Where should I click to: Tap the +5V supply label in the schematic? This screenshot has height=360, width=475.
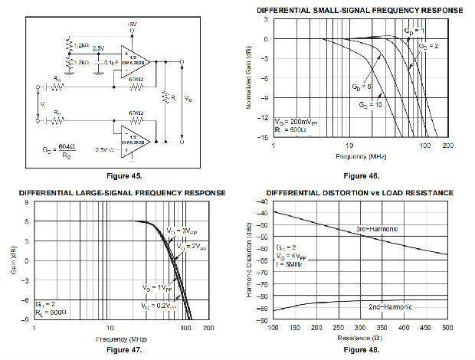131,25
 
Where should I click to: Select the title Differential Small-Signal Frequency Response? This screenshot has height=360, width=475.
359,10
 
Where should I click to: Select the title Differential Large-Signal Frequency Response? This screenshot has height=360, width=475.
122,191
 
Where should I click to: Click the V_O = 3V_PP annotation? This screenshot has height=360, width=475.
181,230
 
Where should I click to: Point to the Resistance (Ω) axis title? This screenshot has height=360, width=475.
359,336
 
